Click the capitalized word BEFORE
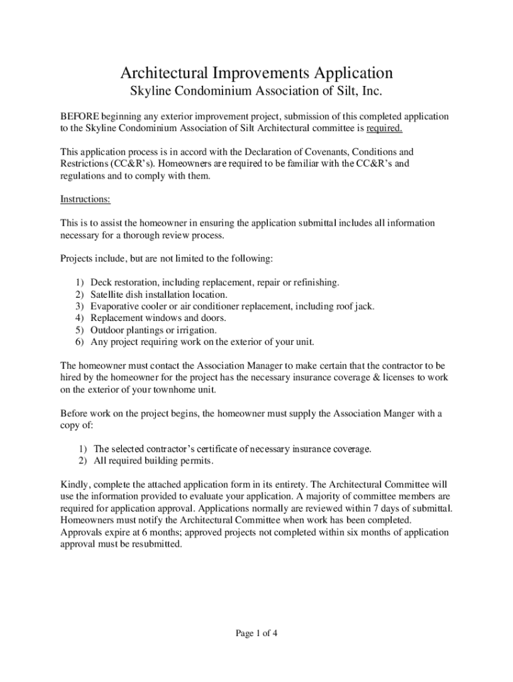[x=81, y=117]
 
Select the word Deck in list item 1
[x=101, y=282]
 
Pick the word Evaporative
[x=117, y=306]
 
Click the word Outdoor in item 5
[x=107, y=330]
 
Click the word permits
[x=196, y=461]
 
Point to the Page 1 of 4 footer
[x=256, y=633]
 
